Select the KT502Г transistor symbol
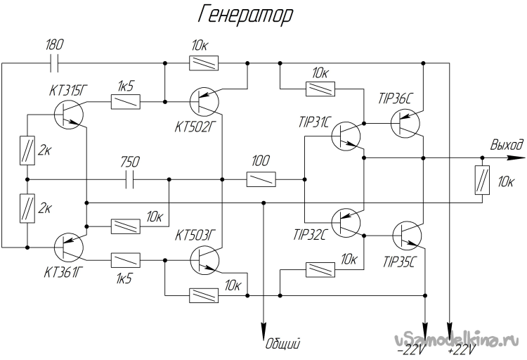[x=205, y=102]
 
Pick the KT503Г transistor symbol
[x=205, y=261]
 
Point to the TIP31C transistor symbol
[x=346, y=136]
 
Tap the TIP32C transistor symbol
[x=346, y=224]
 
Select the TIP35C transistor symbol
[x=406, y=236]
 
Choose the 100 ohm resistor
[x=261, y=180]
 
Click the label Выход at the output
[x=506, y=145]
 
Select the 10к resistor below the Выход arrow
[x=483, y=181]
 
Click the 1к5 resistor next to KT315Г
[x=124, y=103]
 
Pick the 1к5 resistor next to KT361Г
[x=124, y=260]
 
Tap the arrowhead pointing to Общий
[x=263, y=332]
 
